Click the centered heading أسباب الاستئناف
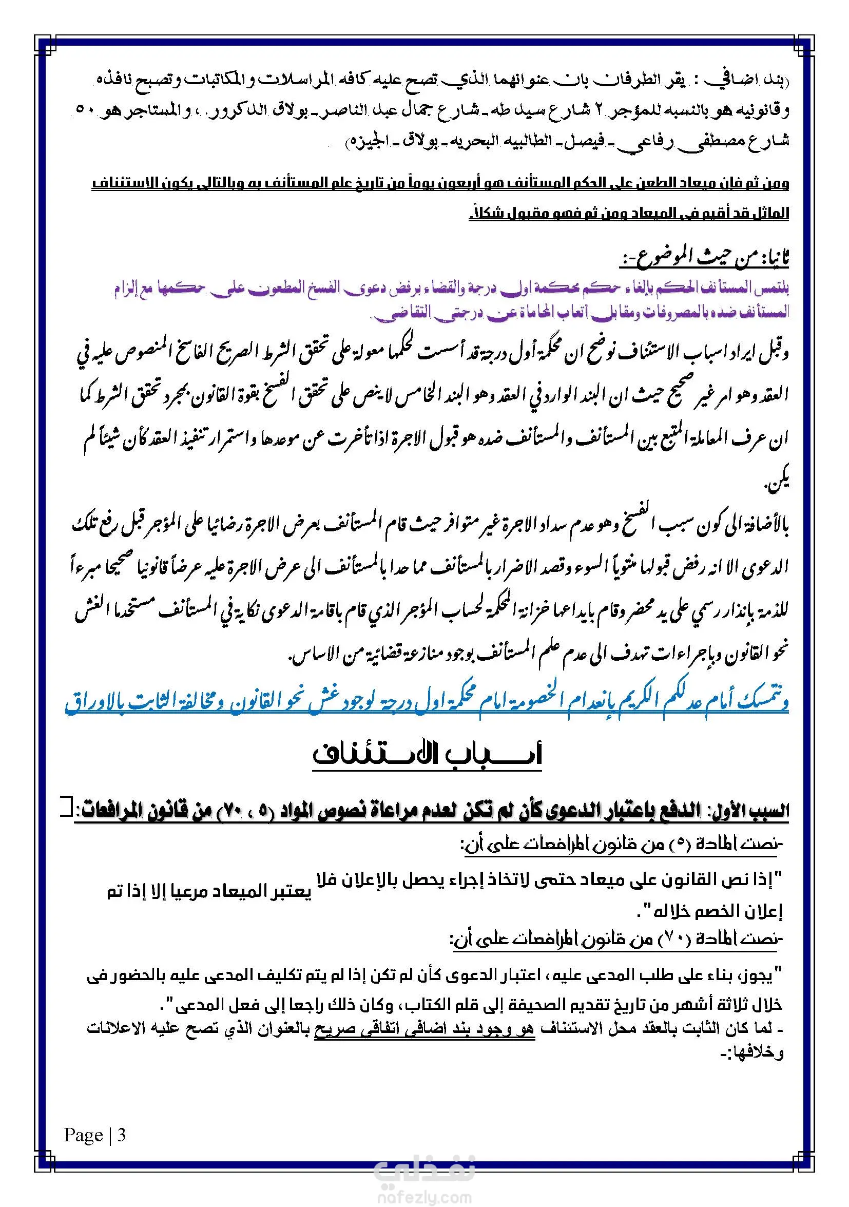[x=427, y=755]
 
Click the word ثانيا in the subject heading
[x=774, y=259]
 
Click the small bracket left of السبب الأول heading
[x=66, y=807]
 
